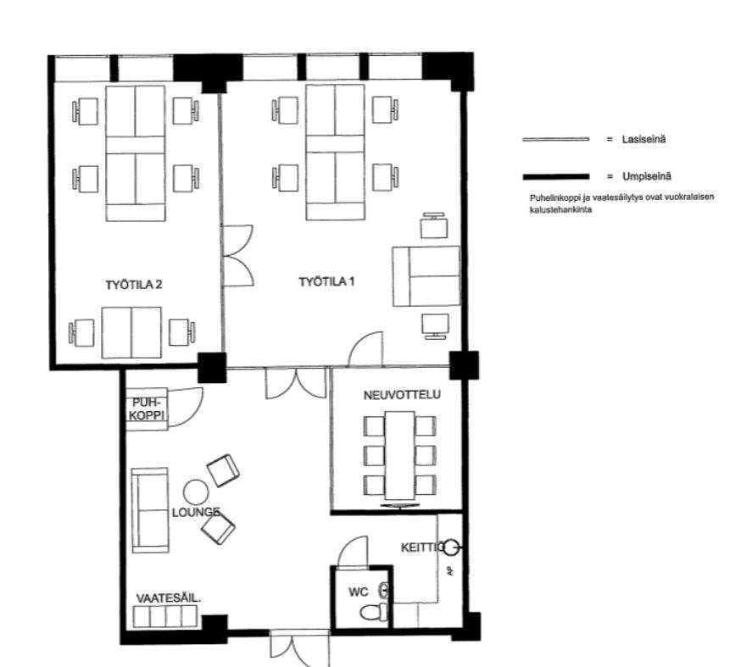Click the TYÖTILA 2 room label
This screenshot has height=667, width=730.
coord(134,285)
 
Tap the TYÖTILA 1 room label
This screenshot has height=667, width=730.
coord(326,281)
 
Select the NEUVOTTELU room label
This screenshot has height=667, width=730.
coord(402,395)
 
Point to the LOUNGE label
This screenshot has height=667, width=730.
coord(196,513)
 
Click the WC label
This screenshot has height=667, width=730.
coord(359,592)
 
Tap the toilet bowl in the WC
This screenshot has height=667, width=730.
coord(373,612)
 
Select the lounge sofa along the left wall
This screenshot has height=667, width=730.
coord(150,510)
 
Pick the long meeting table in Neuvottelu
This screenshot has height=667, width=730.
coord(399,455)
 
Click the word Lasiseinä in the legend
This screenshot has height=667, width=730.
coord(644,139)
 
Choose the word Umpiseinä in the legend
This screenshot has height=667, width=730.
coord(647,176)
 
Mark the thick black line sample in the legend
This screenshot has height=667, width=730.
coord(556,176)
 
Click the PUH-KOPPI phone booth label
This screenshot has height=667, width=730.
coord(147,409)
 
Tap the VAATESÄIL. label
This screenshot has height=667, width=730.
coord(168,598)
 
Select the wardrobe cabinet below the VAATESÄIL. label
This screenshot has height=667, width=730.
coord(165,617)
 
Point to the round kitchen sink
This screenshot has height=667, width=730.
coord(451,547)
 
